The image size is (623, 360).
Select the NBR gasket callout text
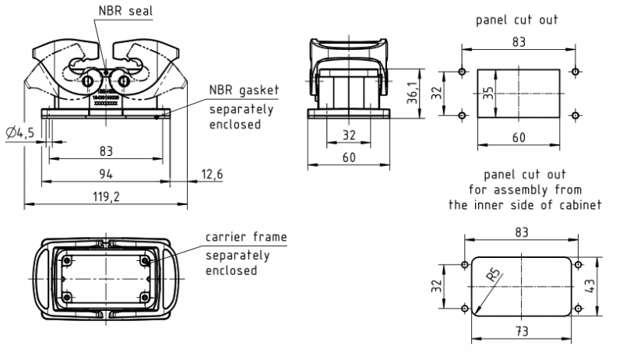tap(242, 90)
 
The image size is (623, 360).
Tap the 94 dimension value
tap(104, 173)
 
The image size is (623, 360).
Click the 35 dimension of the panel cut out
tap(487, 93)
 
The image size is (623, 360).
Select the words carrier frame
tap(245, 237)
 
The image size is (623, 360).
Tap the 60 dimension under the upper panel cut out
tap(519, 137)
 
